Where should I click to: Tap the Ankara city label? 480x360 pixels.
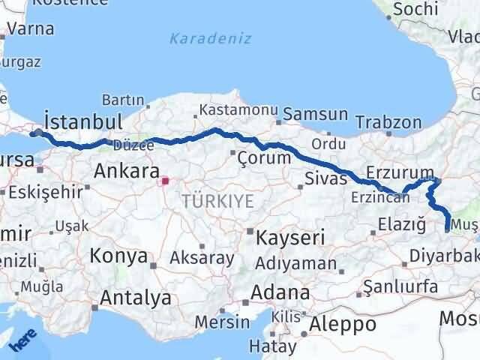(125, 172)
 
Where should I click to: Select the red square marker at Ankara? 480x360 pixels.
(165, 181)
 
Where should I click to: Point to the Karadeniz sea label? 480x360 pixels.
(210, 38)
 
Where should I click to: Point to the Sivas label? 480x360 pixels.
(325, 178)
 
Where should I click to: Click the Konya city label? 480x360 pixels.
(118, 256)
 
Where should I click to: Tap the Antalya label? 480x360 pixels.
(136, 298)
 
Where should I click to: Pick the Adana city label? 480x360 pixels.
(280, 292)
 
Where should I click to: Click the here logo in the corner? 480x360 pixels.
(22, 341)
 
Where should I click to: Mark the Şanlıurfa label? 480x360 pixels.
(400, 286)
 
